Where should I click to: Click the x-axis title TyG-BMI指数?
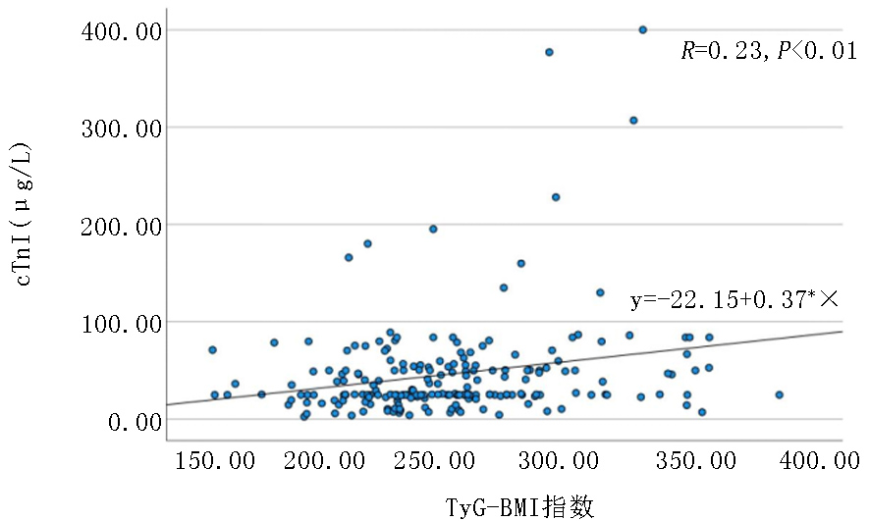click(519, 505)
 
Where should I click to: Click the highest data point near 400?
click(642, 30)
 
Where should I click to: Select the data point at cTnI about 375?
click(549, 52)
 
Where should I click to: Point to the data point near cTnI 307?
click(633, 120)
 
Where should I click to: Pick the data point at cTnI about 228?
click(555, 197)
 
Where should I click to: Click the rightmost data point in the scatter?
click(779, 394)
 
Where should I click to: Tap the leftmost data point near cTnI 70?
click(212, 349)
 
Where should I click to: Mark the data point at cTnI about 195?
click(432, 229)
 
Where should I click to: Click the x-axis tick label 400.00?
click(823, 460)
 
